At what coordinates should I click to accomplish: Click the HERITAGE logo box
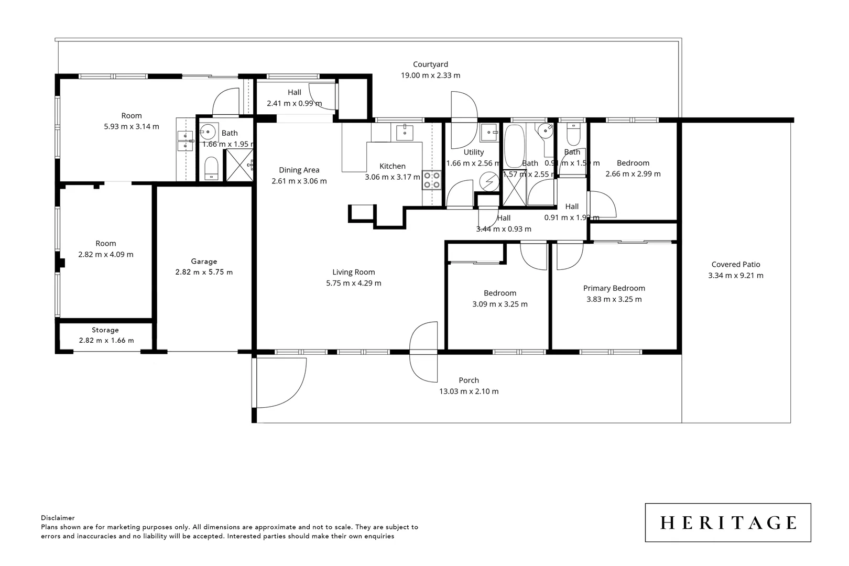pos(727,523)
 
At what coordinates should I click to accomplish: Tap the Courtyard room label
pos(430,64)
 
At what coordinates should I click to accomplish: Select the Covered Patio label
pos(735,265)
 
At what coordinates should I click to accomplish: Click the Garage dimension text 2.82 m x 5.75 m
pos(204,272)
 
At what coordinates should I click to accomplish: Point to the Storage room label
pos(105,330)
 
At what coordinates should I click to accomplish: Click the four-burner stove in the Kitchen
pos(432,180)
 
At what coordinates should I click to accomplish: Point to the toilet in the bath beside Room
pos(211,168)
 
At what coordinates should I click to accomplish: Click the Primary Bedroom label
pos(614,288)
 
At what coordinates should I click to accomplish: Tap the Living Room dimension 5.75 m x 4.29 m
pos(353,283)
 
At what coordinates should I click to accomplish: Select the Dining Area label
pos(299,170)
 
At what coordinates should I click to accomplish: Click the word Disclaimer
pos(58,518)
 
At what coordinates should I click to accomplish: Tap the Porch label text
pos(469,380)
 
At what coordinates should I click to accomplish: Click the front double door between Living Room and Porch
pos(424,352)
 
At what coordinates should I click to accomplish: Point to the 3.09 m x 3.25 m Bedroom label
pos(499,293)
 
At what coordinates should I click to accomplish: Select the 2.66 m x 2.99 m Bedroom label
pos(633,163)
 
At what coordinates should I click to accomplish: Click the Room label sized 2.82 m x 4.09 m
pos(105,244)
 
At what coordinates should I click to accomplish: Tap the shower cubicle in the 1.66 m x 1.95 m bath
pos(239,165)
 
